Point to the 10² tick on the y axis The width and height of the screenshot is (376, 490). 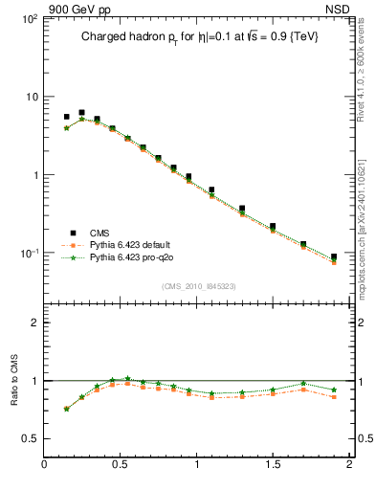click(28, 19)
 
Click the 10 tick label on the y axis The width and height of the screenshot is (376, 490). click(30, 97)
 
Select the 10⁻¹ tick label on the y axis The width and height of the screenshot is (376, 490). click(28, 254)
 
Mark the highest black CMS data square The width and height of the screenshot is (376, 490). click(81, 113)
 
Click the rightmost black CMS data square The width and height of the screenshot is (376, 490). click(334, 257)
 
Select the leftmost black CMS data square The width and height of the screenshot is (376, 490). click(66, 117)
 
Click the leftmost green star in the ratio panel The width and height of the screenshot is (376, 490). click(66, 409)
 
